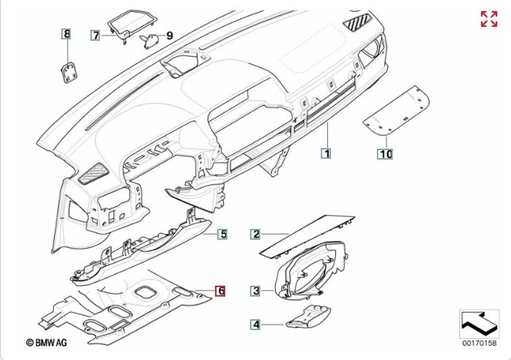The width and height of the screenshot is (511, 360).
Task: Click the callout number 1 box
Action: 327,153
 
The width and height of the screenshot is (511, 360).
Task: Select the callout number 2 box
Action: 256,234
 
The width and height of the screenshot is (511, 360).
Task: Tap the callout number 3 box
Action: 256,291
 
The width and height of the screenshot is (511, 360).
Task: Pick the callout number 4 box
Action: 256,324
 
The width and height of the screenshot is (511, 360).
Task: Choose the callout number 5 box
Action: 223,234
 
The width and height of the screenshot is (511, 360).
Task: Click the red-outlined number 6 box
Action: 221,291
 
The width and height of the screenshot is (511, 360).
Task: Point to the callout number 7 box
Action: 95,35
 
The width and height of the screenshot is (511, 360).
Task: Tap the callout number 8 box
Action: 66,34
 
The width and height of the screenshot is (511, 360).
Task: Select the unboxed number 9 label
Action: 169,36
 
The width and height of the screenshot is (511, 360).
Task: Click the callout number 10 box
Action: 386,154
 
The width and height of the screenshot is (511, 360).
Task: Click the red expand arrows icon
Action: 489,19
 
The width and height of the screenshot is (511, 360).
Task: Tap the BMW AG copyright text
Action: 46,343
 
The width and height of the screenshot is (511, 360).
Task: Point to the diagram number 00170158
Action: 480,343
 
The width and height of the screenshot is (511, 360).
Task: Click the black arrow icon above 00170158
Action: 480,324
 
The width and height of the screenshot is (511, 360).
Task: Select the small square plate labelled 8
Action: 69,72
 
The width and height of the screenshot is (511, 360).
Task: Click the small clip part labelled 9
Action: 149,41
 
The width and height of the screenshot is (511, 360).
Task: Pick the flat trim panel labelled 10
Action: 396,110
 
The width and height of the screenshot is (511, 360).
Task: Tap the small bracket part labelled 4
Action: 308,317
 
